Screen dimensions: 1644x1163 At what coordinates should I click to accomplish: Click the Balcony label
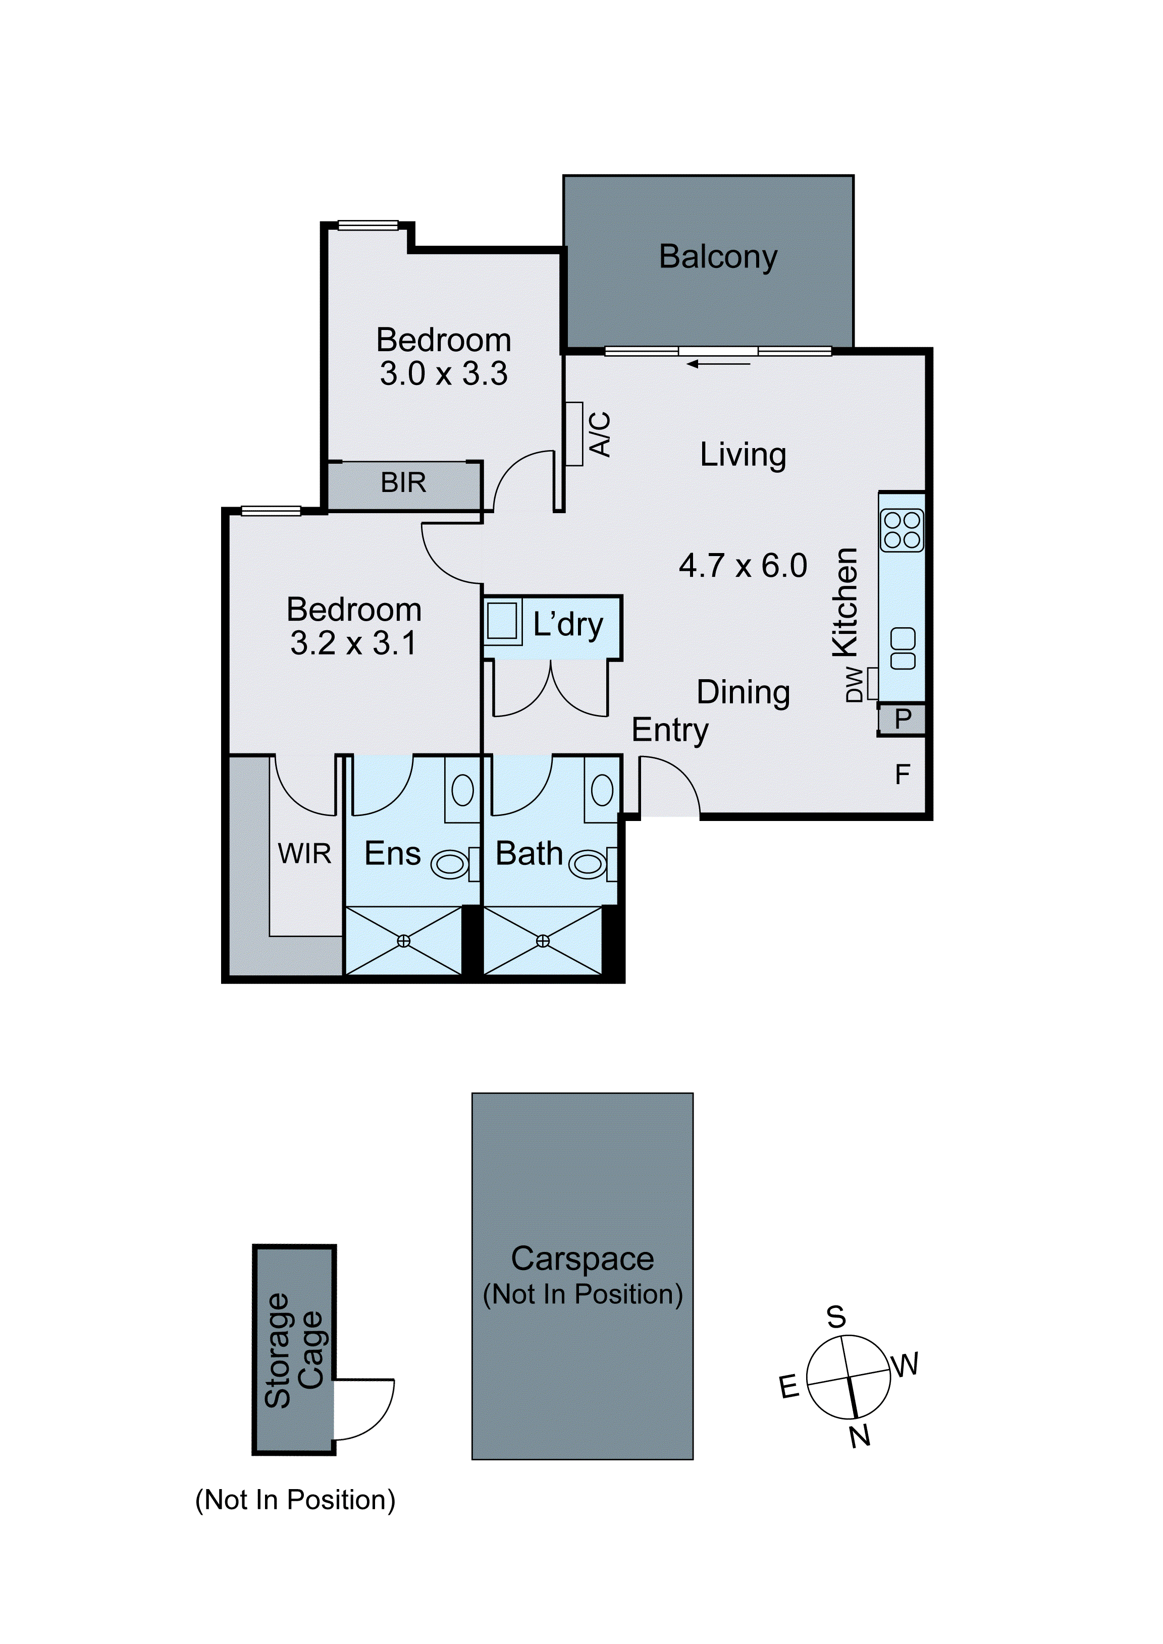718,256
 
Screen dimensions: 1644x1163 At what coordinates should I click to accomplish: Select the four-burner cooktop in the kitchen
902,530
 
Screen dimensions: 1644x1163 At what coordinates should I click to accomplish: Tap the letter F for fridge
903,774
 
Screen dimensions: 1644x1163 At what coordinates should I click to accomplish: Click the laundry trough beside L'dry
502,620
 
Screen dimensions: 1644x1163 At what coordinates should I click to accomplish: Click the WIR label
304,853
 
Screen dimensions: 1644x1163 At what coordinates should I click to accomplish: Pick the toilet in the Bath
589,865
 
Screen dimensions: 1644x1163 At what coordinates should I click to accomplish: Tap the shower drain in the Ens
404,941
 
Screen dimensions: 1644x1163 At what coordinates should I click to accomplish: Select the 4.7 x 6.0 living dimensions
743,566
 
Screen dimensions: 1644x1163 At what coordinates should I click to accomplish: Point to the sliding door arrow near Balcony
718,364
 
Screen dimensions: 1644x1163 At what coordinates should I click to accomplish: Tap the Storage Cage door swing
365,1409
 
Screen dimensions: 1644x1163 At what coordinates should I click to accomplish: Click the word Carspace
582,1259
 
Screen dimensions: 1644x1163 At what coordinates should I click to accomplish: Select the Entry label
670,730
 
